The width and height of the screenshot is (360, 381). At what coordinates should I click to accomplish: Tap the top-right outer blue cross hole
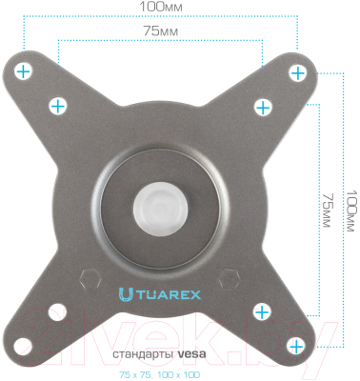click(x=298, y=72)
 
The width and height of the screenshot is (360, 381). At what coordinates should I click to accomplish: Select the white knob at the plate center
click(x=160, y=208)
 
